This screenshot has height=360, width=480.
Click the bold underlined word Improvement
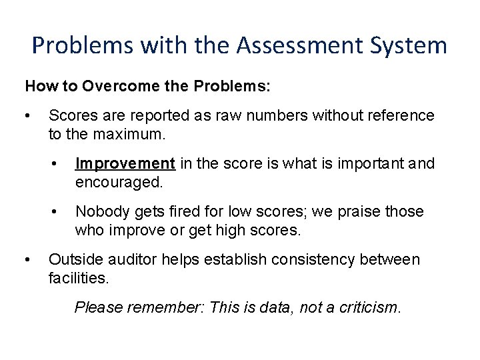(125, 163)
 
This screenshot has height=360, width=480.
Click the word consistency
(303, 259)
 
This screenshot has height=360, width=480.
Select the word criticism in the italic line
(369, 307)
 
